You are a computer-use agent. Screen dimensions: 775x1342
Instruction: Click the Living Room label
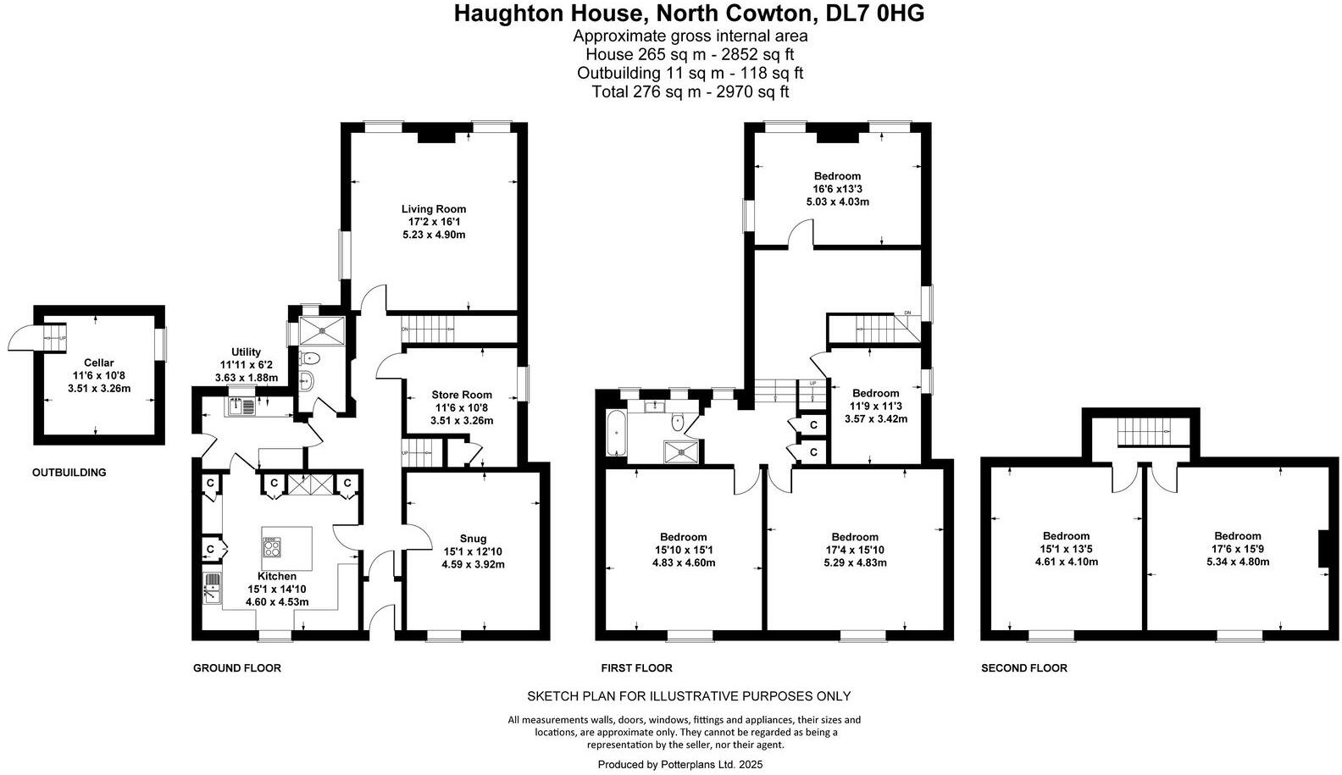point(434,209)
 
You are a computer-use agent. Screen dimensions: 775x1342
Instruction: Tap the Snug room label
point(473,538)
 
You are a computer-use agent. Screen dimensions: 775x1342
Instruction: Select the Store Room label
point(462,395)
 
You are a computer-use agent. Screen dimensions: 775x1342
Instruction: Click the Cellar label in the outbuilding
point(98,363)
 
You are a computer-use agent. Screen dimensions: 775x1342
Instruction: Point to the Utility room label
point(246,352)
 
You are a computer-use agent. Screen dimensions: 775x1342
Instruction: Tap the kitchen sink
point(212,587)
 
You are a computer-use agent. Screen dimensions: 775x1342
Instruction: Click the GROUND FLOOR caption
point(237,668)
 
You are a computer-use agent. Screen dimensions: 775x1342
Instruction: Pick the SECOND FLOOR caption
point(1024,668)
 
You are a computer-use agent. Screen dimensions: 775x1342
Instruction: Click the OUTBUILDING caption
point(69,473)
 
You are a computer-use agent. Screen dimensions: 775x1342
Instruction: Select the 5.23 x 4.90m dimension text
point(434,235)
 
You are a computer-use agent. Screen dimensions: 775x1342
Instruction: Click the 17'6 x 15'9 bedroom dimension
point(1238,549)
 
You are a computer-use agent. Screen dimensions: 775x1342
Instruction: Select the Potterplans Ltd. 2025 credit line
point(680,764)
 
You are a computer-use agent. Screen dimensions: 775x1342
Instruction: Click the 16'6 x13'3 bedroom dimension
point(837,189)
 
